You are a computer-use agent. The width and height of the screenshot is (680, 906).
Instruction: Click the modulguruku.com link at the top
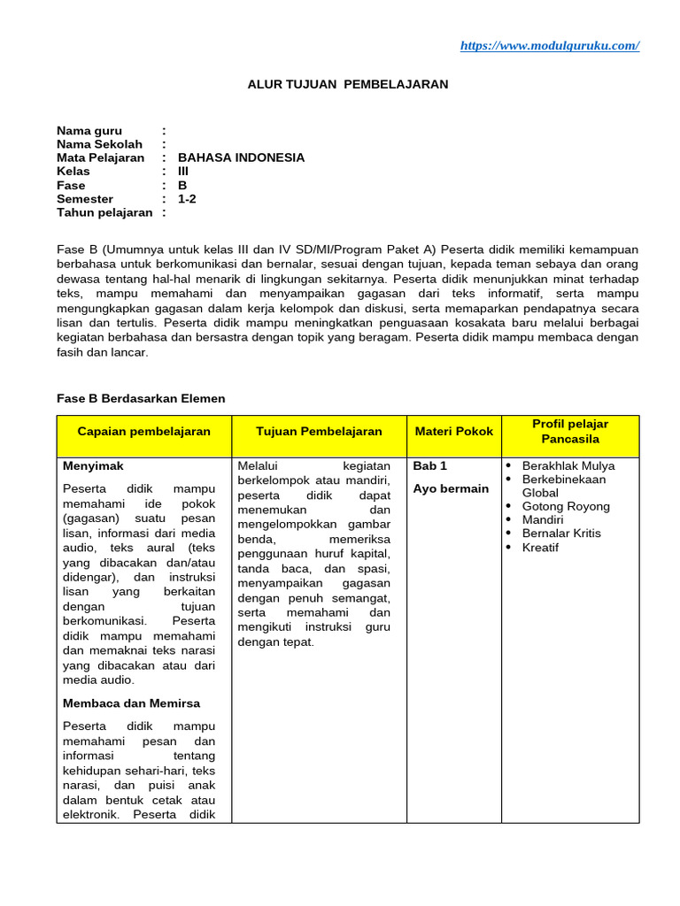point(549,46)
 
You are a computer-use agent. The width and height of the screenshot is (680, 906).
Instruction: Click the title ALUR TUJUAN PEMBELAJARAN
point(347,84)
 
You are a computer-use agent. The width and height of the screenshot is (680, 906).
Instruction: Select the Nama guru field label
point(89,130)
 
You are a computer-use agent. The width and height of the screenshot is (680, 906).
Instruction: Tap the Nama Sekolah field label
point(99,143)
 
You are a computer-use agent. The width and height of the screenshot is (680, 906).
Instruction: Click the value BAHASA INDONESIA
point(241,157)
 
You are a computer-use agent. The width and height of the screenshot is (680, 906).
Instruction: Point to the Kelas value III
point(183,171)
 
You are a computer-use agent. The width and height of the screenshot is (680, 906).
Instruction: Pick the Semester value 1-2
point(187,198)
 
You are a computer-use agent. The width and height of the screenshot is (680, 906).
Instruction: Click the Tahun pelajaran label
point(104,212)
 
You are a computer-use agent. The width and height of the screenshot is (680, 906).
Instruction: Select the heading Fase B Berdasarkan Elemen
point(141,398)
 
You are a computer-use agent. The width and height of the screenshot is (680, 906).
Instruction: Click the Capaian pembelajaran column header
point(144,432)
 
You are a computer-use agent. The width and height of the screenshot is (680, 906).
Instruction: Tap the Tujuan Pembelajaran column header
point(319,432)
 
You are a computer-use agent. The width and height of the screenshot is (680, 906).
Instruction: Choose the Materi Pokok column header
point(453,432)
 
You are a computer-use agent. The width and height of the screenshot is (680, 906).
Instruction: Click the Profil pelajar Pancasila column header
point(570,432)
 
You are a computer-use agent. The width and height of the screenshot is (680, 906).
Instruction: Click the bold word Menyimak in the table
point(93,465)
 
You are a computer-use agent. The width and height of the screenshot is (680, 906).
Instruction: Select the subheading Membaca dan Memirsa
point(131,703)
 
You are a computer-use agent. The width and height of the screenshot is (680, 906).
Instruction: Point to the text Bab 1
point(430,465)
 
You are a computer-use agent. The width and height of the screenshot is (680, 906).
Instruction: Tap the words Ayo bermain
point(451,488)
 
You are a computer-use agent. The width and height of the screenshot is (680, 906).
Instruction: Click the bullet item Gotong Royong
point(566,506)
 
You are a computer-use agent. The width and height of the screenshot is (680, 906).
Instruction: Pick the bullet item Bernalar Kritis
point(561,534)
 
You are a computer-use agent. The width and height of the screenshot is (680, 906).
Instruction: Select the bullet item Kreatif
point(540,548)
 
